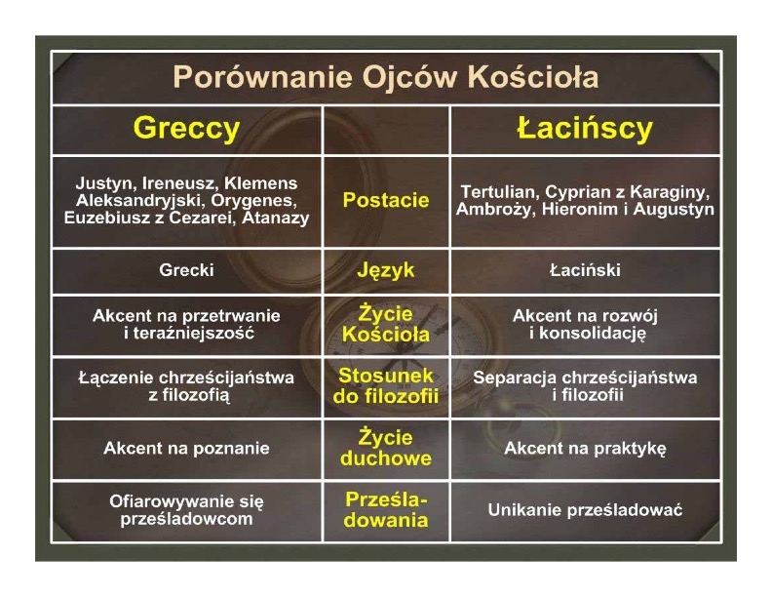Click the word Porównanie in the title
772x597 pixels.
[262, 77]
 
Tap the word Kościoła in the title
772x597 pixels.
[533, 77]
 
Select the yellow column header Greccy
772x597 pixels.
[186, 129]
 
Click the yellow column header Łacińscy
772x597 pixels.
[585, 128]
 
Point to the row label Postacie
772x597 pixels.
[386, 200]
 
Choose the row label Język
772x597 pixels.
[386, 270]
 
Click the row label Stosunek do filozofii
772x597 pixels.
[386, 385]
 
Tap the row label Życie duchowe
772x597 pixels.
[386, 448]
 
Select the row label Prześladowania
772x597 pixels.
[386, 510]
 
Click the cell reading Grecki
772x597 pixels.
[186, 270]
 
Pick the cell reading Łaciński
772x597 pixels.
[585, 270]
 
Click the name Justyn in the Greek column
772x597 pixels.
[106, 183]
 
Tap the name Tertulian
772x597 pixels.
[500, 191]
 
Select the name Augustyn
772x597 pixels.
[674, 210]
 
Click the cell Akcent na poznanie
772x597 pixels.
[186, 449]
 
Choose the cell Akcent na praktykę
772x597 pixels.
[585, 449]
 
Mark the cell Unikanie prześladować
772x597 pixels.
[585, 510]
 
